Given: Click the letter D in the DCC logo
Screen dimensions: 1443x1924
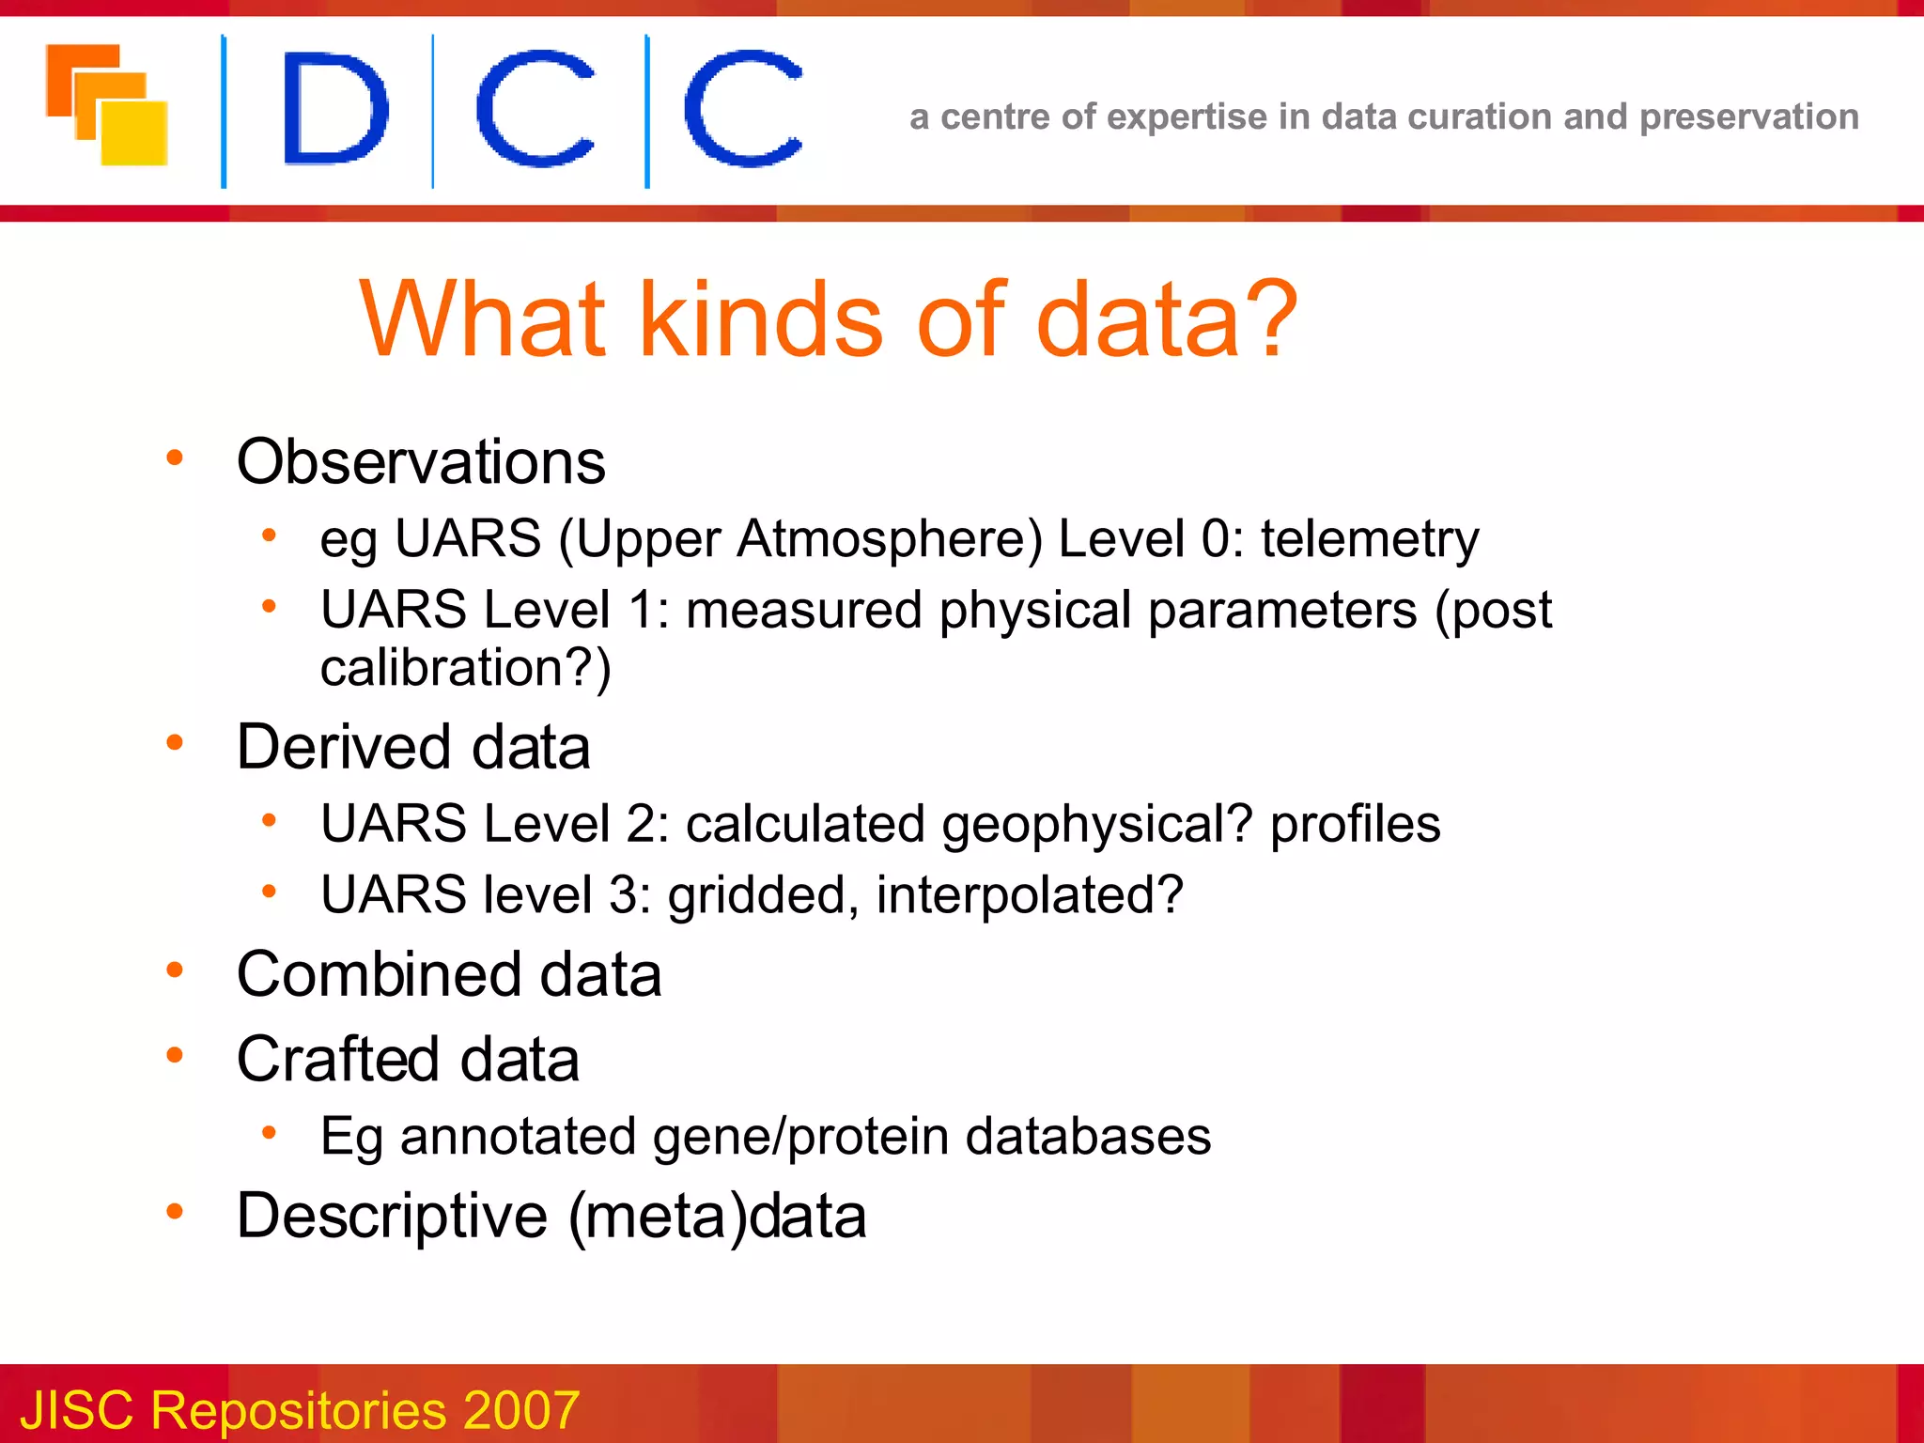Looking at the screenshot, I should (x=334, y=109).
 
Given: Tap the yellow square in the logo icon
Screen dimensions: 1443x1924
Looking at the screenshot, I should (x=135, y=133).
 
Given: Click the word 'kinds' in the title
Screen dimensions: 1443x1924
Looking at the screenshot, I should (x=761, y=320).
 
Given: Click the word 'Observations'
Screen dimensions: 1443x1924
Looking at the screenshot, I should (x=421, y=462).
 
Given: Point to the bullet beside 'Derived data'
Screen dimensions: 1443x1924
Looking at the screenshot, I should (x=175, y=743).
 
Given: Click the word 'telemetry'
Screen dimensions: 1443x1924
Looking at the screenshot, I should (x=1370, y=540).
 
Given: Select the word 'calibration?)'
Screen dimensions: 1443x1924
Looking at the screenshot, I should (x=466, y=668).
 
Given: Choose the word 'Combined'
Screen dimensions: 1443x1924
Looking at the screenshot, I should (x=378, y=974).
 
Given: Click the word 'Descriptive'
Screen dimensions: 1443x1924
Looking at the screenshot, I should (x=392, y=1217).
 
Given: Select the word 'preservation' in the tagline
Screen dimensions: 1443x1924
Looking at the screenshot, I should (x=1748, y=117).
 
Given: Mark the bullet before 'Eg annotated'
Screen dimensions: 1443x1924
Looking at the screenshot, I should (x=269, y=1133).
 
